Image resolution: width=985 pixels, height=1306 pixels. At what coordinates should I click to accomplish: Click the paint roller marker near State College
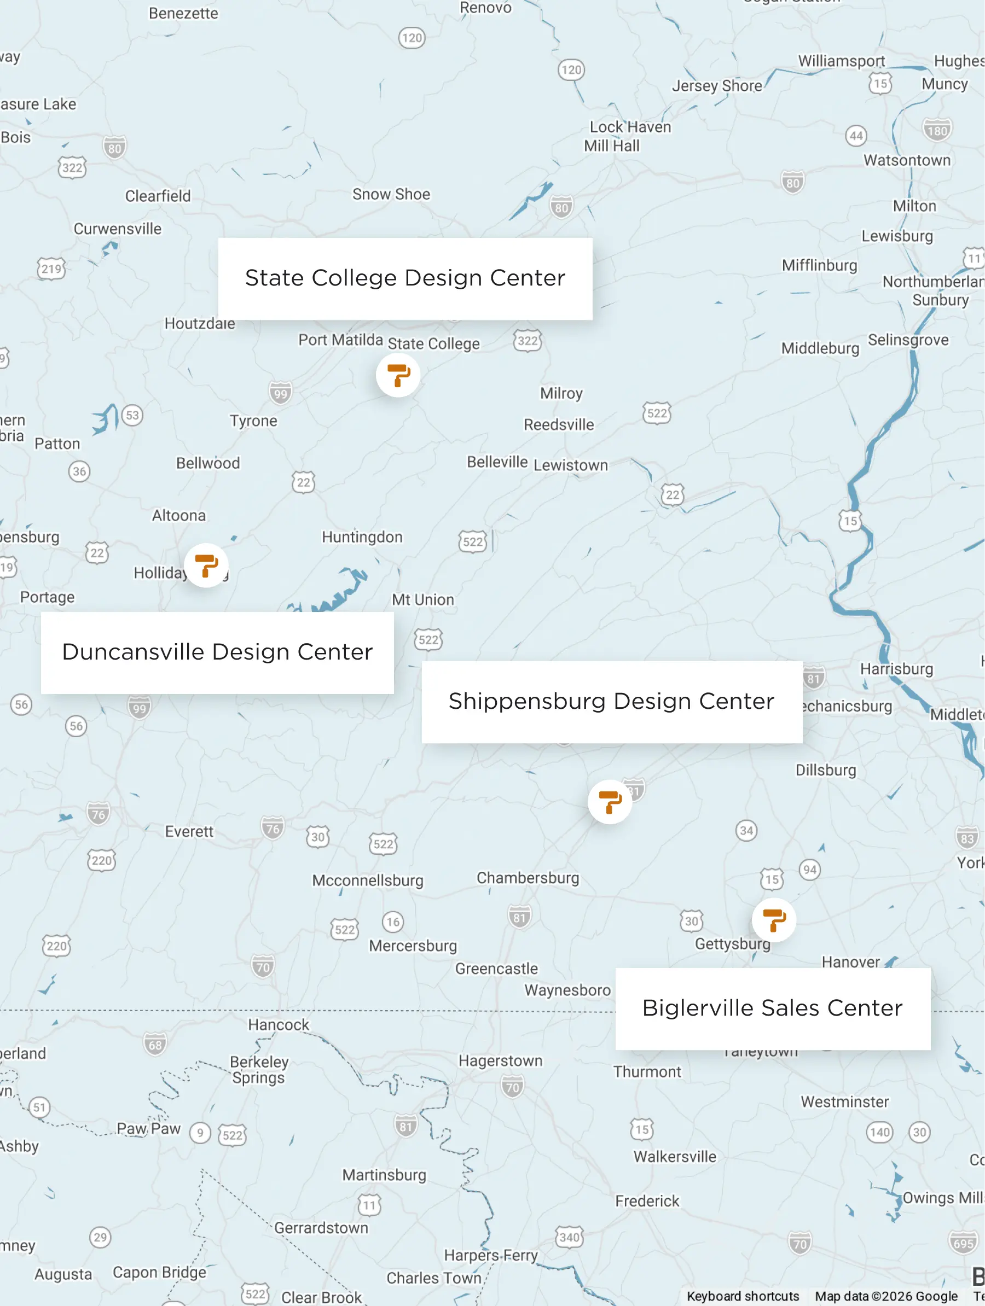[398, 375]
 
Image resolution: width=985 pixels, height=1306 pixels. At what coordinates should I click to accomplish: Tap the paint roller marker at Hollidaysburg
[206, 565]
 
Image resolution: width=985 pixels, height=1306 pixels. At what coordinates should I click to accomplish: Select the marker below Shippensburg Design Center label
[610, 802]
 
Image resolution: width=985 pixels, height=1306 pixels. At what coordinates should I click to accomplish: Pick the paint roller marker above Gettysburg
[773, 920]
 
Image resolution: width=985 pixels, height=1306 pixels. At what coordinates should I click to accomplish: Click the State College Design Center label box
[405, 279]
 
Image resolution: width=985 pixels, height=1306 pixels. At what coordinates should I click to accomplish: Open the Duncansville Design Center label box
[217, 652]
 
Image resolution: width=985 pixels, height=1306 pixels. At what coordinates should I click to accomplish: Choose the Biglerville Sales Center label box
[772, 1008]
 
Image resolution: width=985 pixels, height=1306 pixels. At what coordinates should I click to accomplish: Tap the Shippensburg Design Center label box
[612, 702]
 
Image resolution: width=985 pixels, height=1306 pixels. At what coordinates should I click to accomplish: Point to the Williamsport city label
[841, 61]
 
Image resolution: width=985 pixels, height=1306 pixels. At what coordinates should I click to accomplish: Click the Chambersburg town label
[528, 877]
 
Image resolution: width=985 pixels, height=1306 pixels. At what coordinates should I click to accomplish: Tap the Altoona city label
[178, 515]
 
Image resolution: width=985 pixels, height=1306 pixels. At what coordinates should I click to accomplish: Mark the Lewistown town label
[570, 465]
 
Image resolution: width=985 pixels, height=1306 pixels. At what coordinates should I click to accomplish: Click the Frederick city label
[647, 1201]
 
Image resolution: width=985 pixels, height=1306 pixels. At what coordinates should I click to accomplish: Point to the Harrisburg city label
[896, 669]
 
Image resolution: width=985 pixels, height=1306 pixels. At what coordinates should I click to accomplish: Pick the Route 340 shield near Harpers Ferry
[569, 1237]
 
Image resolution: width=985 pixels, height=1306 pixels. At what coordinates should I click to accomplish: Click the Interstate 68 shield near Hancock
[155, 1045]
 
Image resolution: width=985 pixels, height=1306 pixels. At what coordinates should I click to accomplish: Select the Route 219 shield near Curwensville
[51, 269]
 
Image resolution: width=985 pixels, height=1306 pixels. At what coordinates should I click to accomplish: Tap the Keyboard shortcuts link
[742, 1296]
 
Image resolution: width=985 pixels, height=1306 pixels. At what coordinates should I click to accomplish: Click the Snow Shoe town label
[391, 194]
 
